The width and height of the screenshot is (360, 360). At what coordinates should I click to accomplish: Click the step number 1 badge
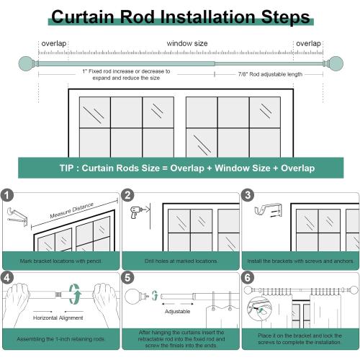(7, 195)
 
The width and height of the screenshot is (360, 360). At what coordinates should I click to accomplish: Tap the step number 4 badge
(7, 278)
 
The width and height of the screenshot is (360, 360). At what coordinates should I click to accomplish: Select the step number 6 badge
(248, 278)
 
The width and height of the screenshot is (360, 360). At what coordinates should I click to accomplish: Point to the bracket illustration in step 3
(268, 210)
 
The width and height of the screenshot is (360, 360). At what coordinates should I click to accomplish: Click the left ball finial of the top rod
(27, 63)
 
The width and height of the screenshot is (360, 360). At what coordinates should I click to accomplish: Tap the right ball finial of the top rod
(334, 63)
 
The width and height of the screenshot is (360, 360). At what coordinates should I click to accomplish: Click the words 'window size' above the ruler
(187, 43)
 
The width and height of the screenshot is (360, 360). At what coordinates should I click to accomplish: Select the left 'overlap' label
(54, 44)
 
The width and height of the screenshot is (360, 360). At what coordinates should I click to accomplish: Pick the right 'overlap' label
(308, 44)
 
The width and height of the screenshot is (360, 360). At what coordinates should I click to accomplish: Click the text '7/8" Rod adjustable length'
(270, 74)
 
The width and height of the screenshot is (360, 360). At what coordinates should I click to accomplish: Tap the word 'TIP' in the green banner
(66, 168)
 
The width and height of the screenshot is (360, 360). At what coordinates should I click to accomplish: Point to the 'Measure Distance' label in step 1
(72, 210)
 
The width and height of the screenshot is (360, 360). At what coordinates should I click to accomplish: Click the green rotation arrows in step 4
(75, 294)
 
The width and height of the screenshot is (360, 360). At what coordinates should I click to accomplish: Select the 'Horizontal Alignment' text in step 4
(58, 318)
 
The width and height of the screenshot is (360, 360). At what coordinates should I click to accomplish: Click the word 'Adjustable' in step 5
(178, 312)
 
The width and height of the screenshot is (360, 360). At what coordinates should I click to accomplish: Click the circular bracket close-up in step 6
(260, 309)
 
